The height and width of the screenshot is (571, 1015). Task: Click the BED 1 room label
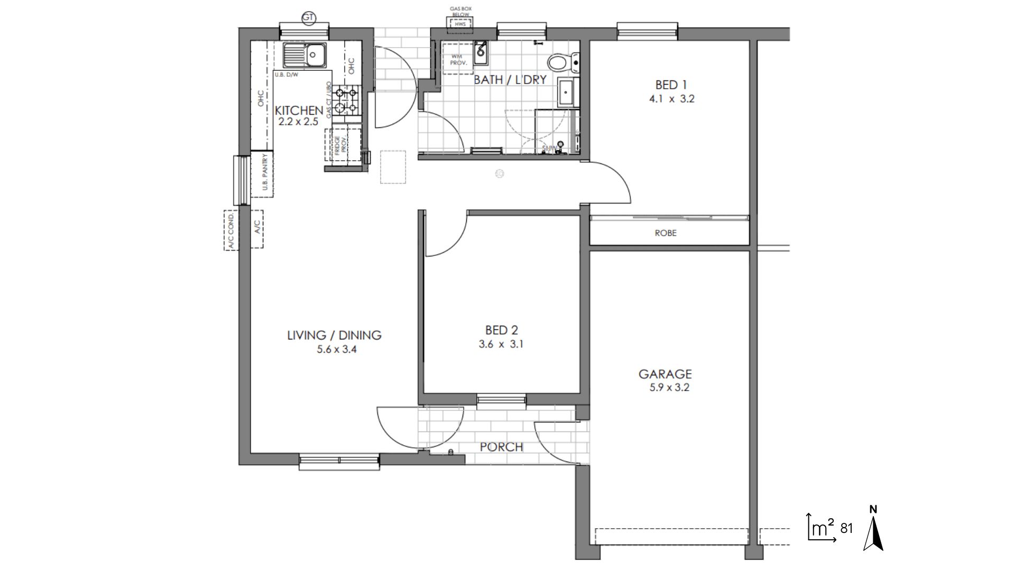click(x=671, y=85)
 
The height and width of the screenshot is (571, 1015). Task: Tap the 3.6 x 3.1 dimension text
click(x=501, y=344)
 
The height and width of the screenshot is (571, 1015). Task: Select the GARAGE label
click(x=665, y=374)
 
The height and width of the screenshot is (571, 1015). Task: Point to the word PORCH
click(x=501, y=447)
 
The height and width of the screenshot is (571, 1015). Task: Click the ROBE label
click(x=665, y=233)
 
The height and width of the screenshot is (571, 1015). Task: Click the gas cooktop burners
click(x=346, y=100)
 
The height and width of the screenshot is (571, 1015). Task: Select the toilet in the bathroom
click(x=561, y=63)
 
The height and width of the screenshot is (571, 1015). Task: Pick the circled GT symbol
click(x=308, y=18)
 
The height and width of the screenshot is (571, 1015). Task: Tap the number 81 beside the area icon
click(x=846, y=528)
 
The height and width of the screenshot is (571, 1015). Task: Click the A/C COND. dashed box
click(x=231, y=230)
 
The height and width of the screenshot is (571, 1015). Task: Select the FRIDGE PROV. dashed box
click(x=343, y=144)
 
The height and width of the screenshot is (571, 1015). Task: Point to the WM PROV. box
click(x=458, y=59)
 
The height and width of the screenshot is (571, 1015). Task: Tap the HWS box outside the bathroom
click(x=459, y=24)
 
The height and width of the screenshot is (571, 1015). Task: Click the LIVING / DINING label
click(x=334, y=335)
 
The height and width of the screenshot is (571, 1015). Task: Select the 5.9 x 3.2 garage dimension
click(x=669, y=388)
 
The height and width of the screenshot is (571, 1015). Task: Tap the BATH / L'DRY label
click(x=510, y=80)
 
